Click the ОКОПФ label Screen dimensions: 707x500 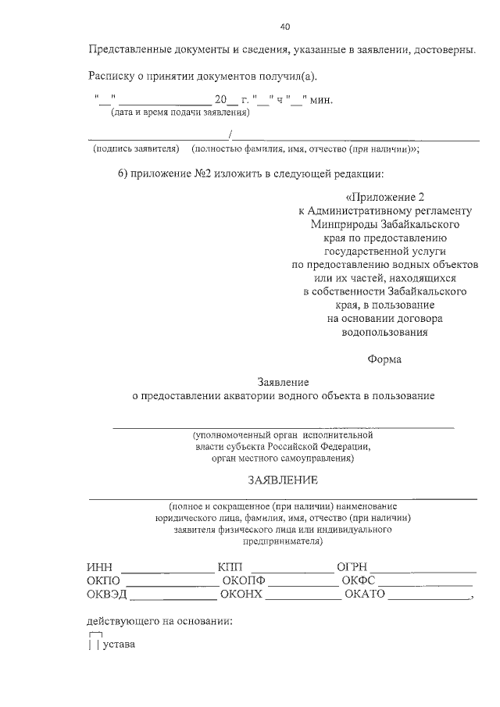(244, 580)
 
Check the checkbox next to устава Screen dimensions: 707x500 (94, 645)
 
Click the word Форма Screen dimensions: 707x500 (384, 359)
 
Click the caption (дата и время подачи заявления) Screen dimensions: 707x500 (179, 112)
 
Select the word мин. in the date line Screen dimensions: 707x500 (322, 99)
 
